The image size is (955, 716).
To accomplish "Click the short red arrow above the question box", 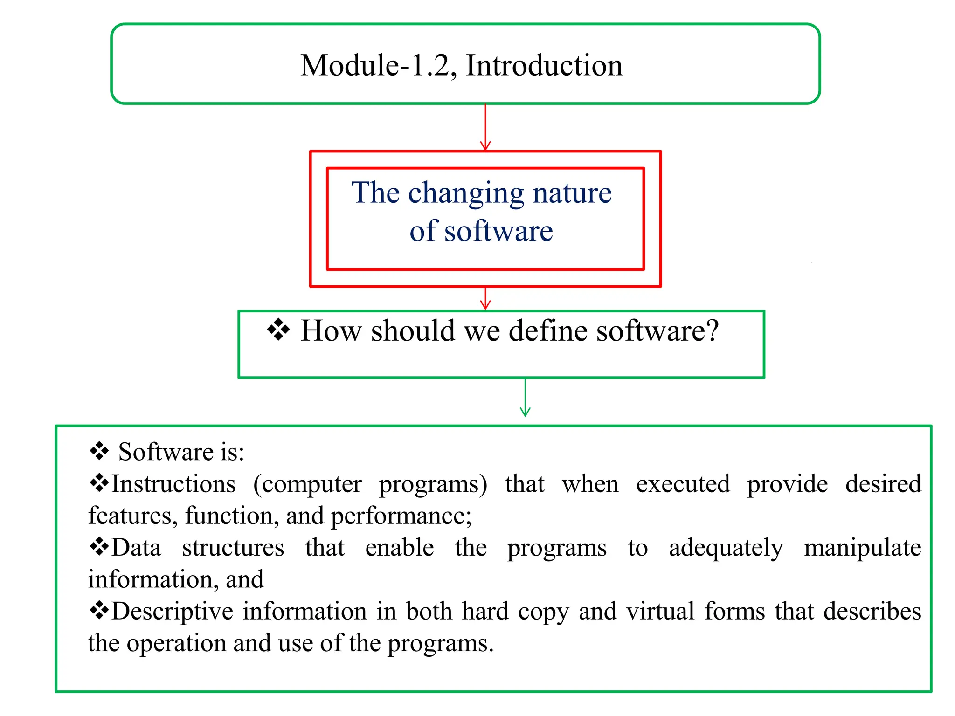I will tap(485, 298).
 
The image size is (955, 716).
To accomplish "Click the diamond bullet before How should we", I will tap(278, 330).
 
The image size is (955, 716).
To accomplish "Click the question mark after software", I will tap(712, 331).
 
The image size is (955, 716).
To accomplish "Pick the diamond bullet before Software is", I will tap(99, 451).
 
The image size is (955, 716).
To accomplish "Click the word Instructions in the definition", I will tap(173, 484).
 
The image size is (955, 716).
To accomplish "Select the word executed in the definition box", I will tap(683, 484).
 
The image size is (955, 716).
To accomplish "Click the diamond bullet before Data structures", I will tap(99, 547).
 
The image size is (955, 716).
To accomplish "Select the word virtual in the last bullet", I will tap(660, 611).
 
